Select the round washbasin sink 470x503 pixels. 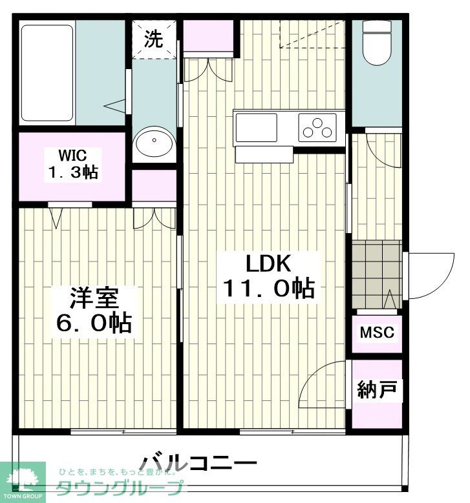155,143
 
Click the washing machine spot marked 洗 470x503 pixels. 154,40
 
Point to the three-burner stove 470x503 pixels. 317,127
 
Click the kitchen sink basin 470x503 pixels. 257,127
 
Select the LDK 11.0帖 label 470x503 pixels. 268,276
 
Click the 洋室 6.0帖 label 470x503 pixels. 93,311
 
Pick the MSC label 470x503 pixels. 376,333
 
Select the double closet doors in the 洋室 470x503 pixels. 155,219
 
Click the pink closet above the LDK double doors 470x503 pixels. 208,36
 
